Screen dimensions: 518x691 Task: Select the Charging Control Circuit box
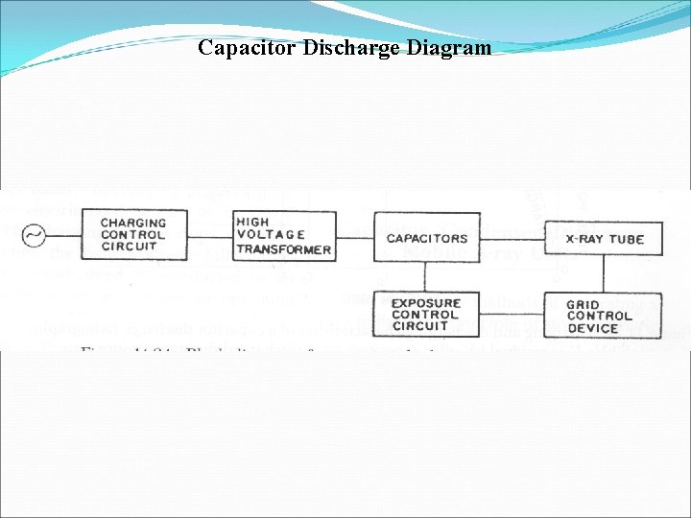[x=133, y=235]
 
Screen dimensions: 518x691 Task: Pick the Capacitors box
[x=426, y=238]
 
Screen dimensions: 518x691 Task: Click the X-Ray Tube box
[x=604, y=238]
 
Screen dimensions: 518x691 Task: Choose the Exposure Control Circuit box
[x=426, y=315]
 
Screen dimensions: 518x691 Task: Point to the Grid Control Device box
[x=604, y=316]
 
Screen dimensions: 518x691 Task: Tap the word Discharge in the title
[x=348, y=48]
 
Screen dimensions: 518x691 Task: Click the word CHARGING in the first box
[x=133, y=223]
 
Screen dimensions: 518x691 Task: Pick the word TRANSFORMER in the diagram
[x=284, y=249]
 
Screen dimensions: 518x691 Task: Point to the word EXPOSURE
[x=426, y=303]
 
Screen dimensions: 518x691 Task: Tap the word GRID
[x=583, y=304]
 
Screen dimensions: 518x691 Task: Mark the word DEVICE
[x=592, y=328]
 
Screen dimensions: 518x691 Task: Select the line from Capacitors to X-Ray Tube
[x=512, y=238]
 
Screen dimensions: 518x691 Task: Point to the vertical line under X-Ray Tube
[x=604, y=273]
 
